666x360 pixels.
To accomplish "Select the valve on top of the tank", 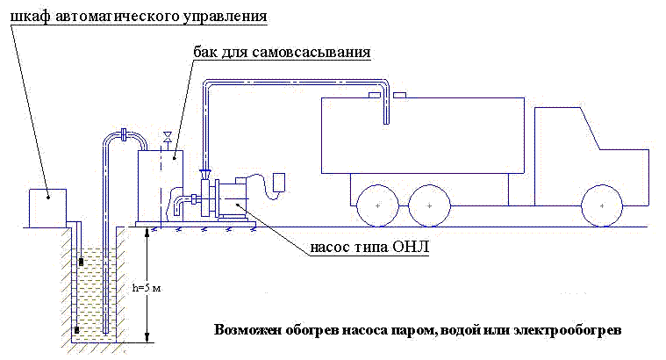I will (165, 137).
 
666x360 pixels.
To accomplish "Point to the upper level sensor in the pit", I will (82, 261).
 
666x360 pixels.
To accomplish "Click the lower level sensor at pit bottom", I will (77, 331).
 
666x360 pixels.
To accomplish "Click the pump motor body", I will (235, 197).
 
